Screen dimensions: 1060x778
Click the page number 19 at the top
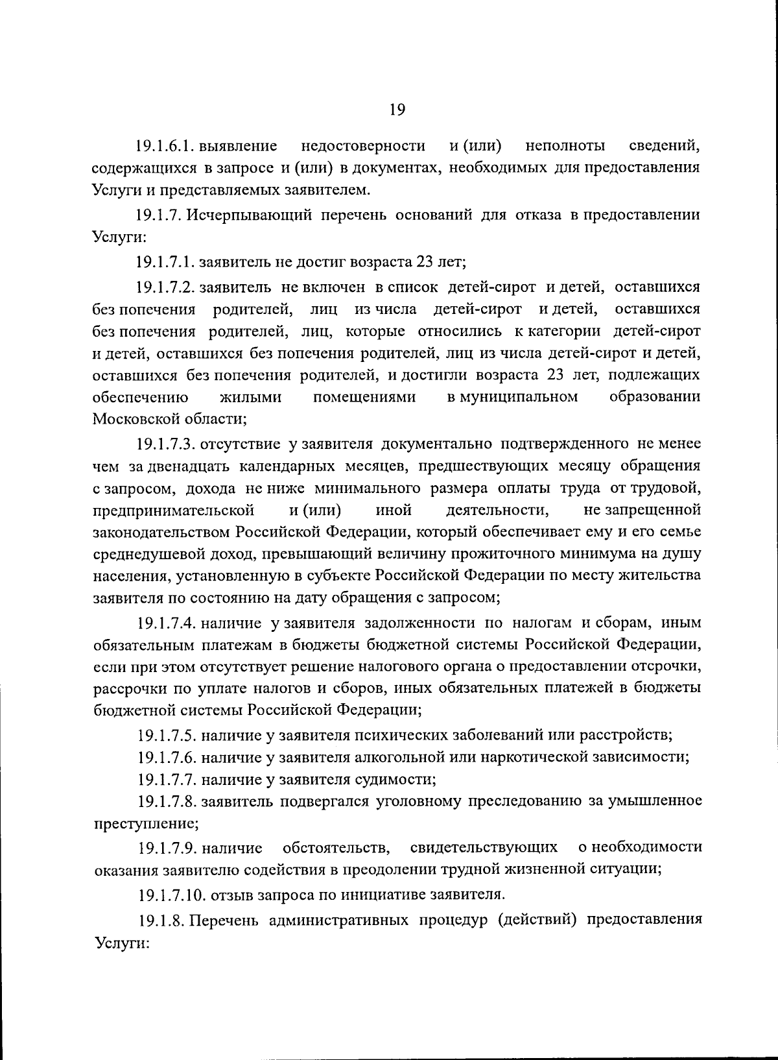click(x=397, y=110)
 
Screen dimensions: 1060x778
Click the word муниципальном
click(x=513, y=396)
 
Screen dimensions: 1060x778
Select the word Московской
click(x=135, y=419)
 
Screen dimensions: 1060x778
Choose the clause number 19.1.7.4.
click(x=166, y=623)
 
